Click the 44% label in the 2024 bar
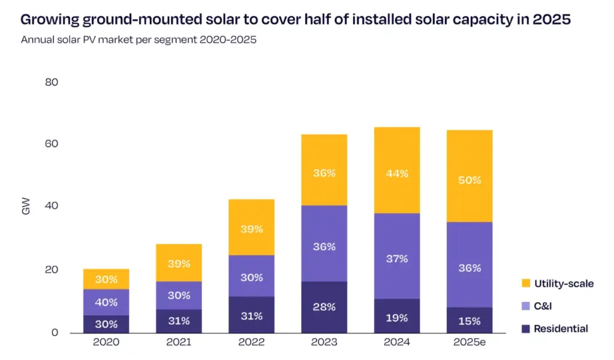tap(397, 173)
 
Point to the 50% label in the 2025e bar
tap(469, 180)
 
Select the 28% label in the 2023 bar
tap(324, 307)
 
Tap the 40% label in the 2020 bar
tap(106, 302)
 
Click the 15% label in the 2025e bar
tap(469, 321)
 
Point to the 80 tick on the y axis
tap(52, 82)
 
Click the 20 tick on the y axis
tap(52, 270)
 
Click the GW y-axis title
tap(25, 207)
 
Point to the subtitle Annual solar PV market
tap(78, 40)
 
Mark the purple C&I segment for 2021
tap(179, 295)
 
